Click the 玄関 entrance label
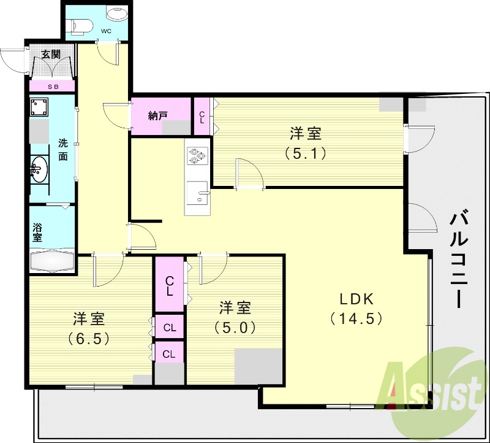(50, 54)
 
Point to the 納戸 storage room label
(159, 115)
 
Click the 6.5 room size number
(90, 337)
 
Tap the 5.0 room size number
(235, 327)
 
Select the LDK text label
(356, 299)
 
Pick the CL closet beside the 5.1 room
(202, 115)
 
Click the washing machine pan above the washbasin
(40, 108)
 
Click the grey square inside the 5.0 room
(258, 366)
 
